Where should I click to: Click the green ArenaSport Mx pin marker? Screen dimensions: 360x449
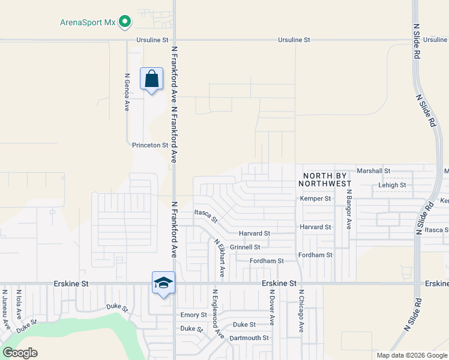[x=125, y=22]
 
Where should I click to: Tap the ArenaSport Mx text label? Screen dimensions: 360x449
[x=87, y=23]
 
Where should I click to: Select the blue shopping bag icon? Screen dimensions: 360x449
[x=151, y=79]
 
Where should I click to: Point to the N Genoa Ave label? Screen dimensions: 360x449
[x=127, y=92]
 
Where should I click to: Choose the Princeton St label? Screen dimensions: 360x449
[x=150, y=145]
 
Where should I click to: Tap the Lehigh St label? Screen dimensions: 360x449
[x=392, y=185]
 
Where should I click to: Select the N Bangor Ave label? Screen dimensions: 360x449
[x=348, y=210]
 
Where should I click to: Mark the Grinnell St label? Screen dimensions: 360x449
[x=244, y=247]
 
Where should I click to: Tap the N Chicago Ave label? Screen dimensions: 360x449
[x=301, y=311]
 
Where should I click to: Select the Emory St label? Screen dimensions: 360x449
[x=193, y=314]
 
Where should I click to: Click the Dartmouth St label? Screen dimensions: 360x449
[x=249, y=338]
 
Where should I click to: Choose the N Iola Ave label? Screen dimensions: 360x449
[x=19, y=304]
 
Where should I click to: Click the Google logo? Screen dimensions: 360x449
[x=20, y=352]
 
